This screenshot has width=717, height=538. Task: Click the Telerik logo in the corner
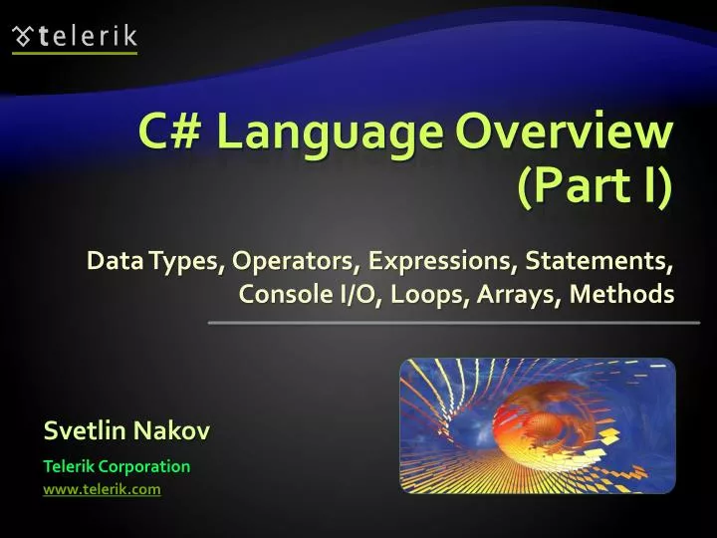(x=75, y=37)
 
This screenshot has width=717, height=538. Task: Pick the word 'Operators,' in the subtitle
(x=296, y=262)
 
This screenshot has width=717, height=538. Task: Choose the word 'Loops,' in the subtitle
(x=412, y=295)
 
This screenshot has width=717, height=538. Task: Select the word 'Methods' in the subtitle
(x=622, y=295)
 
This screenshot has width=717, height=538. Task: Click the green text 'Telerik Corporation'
(x=117, y=466)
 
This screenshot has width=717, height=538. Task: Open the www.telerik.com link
(x=102, y=489)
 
